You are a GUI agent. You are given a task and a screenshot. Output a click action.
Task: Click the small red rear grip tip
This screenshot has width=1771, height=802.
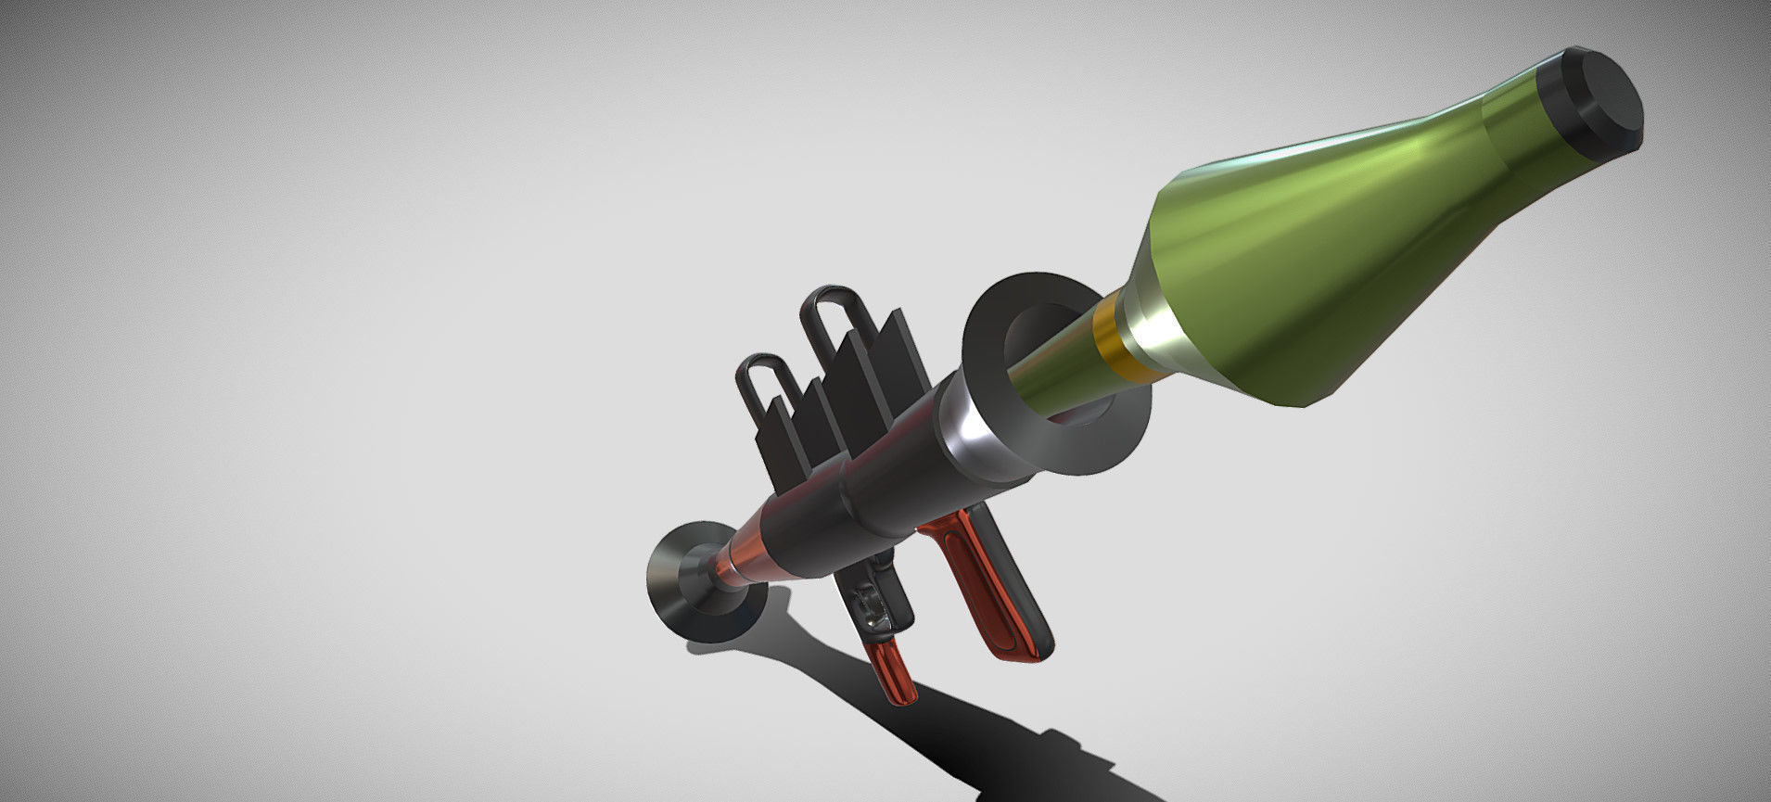point(890,672)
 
